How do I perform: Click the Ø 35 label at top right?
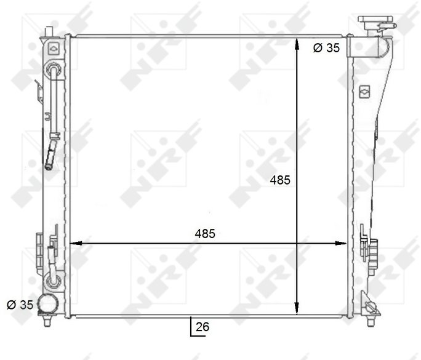point(326,48)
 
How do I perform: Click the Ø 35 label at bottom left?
point(20,305)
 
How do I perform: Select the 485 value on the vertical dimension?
point(280,180)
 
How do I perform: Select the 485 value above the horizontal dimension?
point(205,234)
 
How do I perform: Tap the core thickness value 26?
point(202,327)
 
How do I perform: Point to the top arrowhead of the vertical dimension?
point(297,44)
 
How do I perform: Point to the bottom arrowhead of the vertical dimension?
point(297,308)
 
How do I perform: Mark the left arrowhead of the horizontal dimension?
point(76,243)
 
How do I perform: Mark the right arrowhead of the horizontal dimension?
point(340,243)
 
